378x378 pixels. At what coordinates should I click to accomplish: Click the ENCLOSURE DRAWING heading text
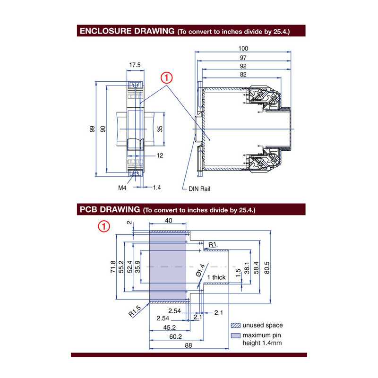pyautogui.click(x=127, y=32)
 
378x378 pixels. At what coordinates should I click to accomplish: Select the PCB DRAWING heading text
pyautogui.click(x=110, y=209)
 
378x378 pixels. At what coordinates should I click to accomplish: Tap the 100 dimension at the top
pyautogui.click(x=243, y=49)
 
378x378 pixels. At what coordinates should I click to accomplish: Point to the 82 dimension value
pyautogui.click(x=243, y=75)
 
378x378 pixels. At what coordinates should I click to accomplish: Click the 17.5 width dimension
pyautogui.click(x=135, y=65)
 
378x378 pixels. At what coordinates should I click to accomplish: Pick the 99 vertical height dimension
pyautogui.click(x=92, y=129)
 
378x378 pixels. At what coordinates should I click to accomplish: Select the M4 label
pyautogui.click(x=122, y=188)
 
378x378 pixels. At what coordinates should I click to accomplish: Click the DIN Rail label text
pyautogui.click(x=199, y=189)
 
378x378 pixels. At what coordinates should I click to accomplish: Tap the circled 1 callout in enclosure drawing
pyautogui.click(x=166, y=77)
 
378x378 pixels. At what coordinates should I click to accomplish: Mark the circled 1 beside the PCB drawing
pyautogui.click(x=104, y=226)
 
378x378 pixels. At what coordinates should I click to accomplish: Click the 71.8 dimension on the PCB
pyautogui.click(x=113, y=267)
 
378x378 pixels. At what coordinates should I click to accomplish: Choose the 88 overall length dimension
pyautogui.click(x=188, y=346)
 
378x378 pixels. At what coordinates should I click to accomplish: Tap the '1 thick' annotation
pyautogui.click(x=216, y=277)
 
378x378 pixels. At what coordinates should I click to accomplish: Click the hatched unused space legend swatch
pyautogui.click(x=235, y=326)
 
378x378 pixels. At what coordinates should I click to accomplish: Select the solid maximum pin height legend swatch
pyautogui.click(x=235, y=335)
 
